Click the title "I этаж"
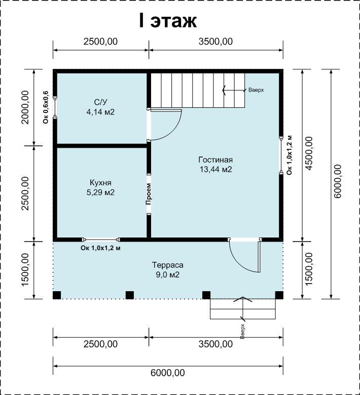168,21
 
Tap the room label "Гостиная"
215,160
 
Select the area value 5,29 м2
100,192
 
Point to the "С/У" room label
101,102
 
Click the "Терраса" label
167,265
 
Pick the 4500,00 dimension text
309,153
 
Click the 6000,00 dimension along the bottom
167,373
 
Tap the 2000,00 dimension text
25,107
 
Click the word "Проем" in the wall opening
149,194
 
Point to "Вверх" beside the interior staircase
256,90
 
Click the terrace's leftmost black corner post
57,295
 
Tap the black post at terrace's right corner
279,295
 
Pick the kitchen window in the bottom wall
101,240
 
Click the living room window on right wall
281,155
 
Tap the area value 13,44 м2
215,170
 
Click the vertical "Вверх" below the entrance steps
243,332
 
